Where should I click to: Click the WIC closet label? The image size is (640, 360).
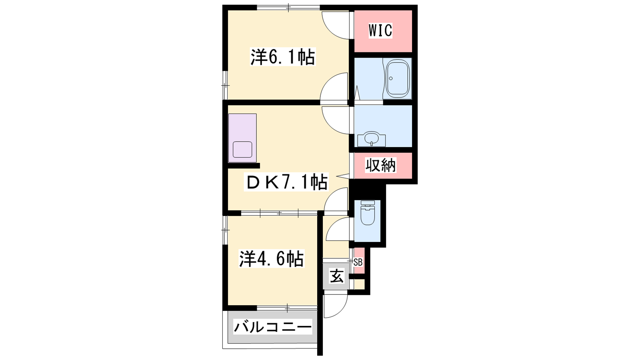380,30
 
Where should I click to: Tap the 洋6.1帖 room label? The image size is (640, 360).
283,57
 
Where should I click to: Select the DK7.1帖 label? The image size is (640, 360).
286,182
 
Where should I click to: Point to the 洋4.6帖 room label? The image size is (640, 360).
272,258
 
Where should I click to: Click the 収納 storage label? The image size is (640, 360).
381,166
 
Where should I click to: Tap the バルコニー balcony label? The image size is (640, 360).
272,327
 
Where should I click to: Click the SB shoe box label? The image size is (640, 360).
358,262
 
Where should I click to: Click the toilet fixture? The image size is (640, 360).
368,213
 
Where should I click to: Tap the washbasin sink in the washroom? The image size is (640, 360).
372,139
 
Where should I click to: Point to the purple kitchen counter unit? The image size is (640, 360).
242,138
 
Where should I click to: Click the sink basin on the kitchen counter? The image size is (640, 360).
242,150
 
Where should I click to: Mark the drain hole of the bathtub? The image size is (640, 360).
391,78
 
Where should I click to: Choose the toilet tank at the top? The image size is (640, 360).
368,203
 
